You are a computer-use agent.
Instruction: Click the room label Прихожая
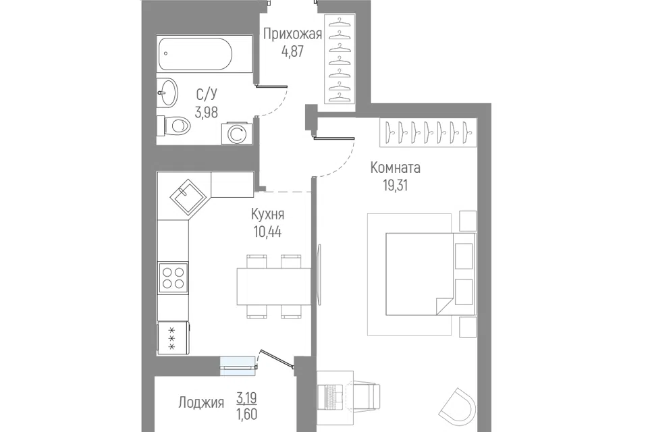(x=292, y=34)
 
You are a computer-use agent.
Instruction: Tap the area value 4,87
(x=292, y=52)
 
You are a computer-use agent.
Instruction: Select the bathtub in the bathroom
(x=196, y=54)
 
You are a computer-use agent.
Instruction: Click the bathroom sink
(x=167, y=92)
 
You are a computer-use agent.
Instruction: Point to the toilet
(x=173, y=125)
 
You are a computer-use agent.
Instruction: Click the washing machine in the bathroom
(x=236, y=133)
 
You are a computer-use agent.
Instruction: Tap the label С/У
(x=207, y=94)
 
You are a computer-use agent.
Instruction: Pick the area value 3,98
(x=207, y=112)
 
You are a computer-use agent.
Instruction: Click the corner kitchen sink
(x=188, y=197)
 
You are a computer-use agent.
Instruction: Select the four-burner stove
(x=173, y=277)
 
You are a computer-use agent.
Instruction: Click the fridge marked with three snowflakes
(x=173, y=338)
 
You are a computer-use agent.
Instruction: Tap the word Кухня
(x=268, y=215)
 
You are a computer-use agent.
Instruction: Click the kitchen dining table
(x=273, y=286)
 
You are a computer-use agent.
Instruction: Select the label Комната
(x=396, y=168)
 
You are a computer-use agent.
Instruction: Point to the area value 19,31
(x=396, y=186)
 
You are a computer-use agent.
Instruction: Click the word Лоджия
(x=201, y=402)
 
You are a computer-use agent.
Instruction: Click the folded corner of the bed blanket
(x=444, y=306)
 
